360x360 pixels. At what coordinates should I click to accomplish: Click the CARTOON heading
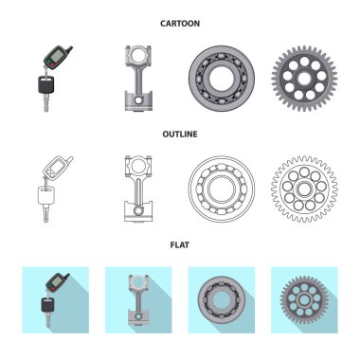180,24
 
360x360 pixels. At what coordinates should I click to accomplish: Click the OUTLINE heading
180,135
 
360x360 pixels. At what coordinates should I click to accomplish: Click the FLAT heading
180,245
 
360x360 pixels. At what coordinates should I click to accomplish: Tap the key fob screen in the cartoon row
56,56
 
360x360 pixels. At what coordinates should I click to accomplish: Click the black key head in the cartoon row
46,85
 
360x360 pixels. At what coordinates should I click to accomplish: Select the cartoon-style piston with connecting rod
138,79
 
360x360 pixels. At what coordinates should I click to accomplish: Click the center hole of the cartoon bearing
222,79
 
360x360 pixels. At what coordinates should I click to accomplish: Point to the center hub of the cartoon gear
304,79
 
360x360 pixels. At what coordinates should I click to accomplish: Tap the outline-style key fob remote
58,168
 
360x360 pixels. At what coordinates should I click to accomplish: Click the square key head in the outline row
46,195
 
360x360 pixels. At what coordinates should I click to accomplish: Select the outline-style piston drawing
138,189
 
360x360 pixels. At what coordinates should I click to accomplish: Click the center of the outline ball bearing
222,189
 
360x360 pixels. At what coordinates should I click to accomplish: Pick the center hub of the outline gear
304,189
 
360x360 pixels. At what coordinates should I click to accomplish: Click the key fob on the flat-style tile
58,282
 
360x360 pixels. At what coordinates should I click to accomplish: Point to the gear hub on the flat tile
304,300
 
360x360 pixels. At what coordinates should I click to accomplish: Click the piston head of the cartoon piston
138,100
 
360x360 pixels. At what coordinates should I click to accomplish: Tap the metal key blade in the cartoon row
46,102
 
